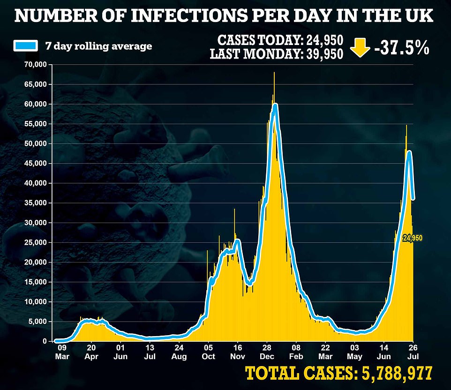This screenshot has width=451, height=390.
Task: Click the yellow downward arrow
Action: coord(360,48)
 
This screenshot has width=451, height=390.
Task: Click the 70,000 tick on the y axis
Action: coord(36,65)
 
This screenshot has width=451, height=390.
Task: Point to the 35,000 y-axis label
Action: coord(36,203)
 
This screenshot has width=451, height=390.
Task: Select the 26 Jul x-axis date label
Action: coord(413,352)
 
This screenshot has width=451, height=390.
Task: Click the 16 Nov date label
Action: coord(238,352)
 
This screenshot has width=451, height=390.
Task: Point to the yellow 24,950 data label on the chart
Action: coord(413,238)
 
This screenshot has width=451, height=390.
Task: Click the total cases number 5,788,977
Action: coord(395,374)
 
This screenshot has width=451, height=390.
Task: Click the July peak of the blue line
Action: coord(409,151)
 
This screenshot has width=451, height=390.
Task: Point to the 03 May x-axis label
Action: coord(355,352)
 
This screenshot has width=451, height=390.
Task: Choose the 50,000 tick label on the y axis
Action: coord(36,143)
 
